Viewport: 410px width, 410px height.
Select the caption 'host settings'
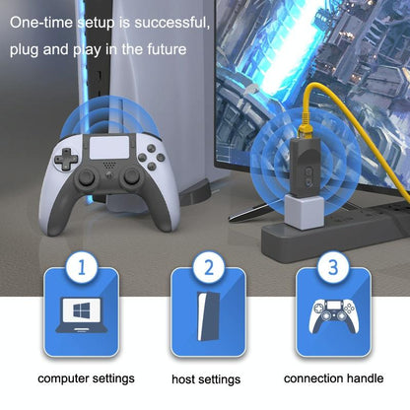[x=205, y=378]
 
